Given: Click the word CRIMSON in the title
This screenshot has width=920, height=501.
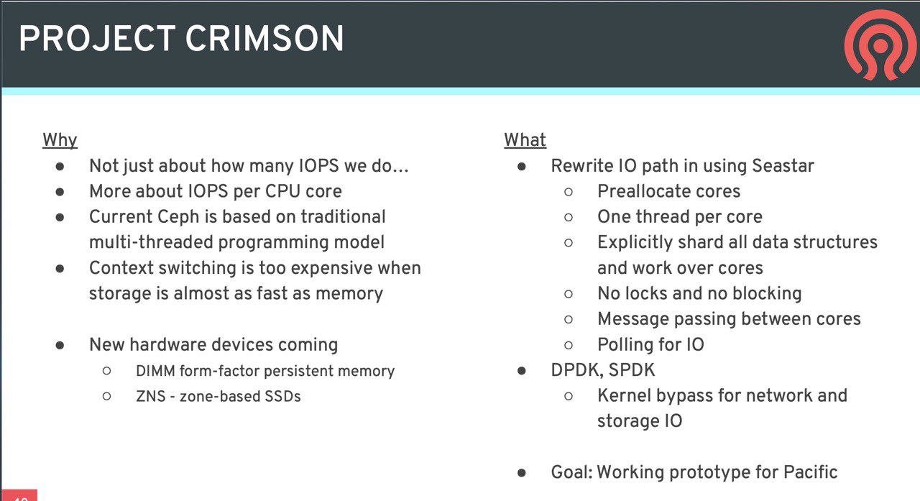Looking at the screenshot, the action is pos(264,39).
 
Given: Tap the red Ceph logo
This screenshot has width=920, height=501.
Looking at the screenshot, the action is pos(880,45).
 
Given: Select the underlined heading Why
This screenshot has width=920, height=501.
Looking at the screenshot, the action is pos(60,140).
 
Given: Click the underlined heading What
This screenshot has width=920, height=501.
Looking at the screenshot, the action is pos(525,140).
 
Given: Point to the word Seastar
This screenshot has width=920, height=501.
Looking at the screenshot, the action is pos(783,166).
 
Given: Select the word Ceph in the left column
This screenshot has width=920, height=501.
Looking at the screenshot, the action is pos(178,217).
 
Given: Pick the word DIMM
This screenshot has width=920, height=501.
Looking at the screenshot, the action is pos(155,371).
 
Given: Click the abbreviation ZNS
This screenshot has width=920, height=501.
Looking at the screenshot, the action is pos(151,397).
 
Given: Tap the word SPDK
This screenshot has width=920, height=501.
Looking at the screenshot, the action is pos(632,370).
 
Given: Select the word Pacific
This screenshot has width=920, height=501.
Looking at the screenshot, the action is pos(810,472).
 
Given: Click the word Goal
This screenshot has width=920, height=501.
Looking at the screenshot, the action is pos(571,472).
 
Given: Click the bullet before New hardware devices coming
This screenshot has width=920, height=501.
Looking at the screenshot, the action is pos(60,345).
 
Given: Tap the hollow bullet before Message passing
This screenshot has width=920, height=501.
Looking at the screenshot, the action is pos(569,319).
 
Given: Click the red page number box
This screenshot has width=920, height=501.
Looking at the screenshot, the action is pos(19,495).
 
